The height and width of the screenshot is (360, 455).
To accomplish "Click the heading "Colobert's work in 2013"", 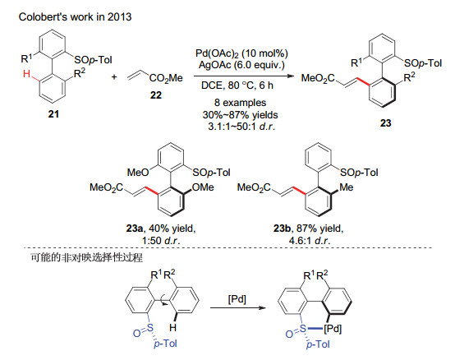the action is pyautogui.click(x=76, y=16).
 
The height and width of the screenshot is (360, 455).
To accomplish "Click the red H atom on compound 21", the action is pyautogui.click(x=27, y=74).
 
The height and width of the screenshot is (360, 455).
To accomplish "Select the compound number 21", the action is pyautogui.click(x=53, y=113).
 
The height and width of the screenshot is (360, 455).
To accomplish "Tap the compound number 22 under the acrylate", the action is pyautogui.click(x=156, y=95).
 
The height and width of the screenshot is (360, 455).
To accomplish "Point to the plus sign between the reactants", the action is pyautogui.click(x=114, y=77).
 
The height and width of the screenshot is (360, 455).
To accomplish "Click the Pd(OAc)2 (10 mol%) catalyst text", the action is pyautogui.click(x=241, y=53).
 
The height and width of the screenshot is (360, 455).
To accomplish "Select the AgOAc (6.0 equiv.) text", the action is pyautogui.click(x=241, y=65).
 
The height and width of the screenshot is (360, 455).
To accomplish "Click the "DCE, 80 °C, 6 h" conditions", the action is pyautogui.click(x=237, y=85).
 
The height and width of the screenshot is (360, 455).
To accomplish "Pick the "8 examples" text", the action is pyautogui.click(x=241, y=103).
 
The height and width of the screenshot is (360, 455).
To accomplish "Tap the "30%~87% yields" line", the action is pyautogui.click(x=241, y=115).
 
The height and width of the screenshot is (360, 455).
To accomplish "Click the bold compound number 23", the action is pyautogui.click(x=385, y=123).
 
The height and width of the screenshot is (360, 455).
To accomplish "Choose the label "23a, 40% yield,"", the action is pyautogui.click(x=161, y=228).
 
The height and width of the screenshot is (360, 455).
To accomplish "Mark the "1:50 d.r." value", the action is pyautogui.click(x=161, y=241).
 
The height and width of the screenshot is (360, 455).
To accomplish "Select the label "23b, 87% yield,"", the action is pyautogui.click(x=309, y=228).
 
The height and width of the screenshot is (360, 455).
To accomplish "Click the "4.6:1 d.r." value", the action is pyautogui.click(x=310, y=241).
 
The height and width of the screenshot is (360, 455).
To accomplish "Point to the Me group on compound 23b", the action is pyautogui.click(x=347, y=187).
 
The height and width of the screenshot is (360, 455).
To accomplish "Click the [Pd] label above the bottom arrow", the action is pyautogui.click(x=237, y=299).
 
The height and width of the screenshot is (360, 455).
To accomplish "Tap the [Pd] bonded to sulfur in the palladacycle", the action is pyautogui.click(x=333, y=329).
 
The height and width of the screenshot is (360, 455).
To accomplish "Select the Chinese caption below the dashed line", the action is pyautogui.click(x=86, y=257).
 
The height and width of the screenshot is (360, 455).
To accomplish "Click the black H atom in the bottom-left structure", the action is pyautogui.click(x=173, y=328).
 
